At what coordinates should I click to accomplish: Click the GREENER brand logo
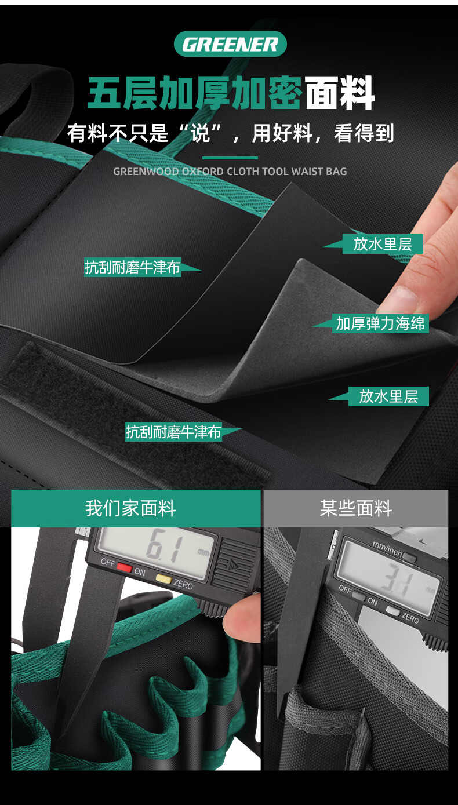tap(230, 44)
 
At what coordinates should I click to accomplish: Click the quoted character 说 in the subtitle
tap(200, 133)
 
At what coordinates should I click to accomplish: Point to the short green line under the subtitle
tap(230, 158)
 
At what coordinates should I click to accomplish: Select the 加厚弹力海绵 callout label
tap(380, 323)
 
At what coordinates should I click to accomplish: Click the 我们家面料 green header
tap(136, 508)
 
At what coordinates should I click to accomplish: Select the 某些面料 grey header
tap(356, 508)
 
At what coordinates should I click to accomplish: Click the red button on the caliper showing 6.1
tap(125, 567)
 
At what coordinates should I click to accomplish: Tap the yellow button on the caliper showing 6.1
tap(163, 578)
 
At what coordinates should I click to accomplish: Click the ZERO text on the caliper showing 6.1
tap(183, 585)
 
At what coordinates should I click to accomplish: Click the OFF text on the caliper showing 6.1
tap(108, 562)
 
